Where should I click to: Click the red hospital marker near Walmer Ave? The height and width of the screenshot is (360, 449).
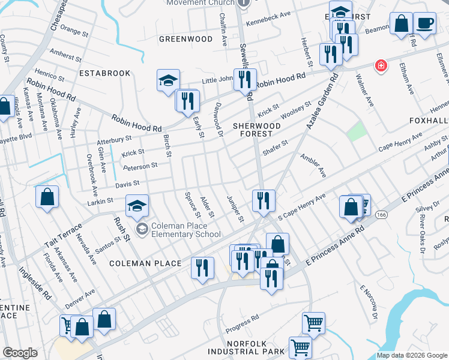380,66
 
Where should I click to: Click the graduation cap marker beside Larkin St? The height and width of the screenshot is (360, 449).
137,207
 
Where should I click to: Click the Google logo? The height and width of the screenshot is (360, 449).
20,353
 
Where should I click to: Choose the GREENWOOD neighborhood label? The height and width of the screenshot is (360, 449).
185,39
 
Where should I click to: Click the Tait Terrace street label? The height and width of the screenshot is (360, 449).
62,238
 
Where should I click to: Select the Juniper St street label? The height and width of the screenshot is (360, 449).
235,208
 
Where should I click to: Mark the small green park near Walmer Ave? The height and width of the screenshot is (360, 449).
357,131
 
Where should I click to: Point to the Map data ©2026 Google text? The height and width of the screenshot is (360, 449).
412,355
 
